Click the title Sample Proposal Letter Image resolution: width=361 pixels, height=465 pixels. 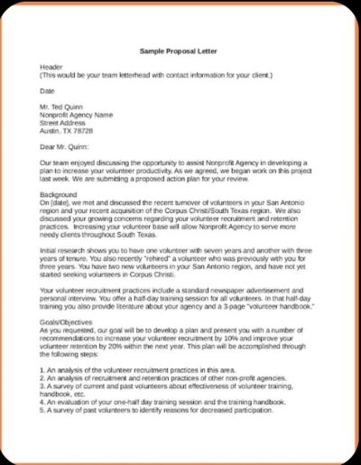click(180, 51)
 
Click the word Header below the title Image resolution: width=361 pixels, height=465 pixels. click(51, 68)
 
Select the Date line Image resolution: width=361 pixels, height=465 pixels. click(47, 90)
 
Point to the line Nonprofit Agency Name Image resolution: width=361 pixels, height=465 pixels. click(77, 115)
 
